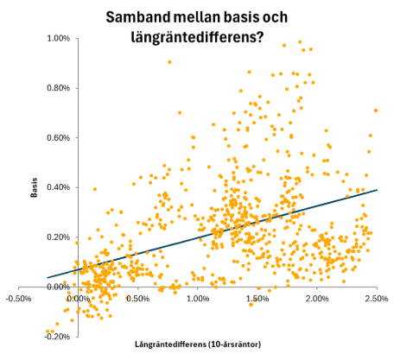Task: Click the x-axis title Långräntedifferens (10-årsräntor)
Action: click(x=197, y=345)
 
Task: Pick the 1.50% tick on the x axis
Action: click(x=257, y=299)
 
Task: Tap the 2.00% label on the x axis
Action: click(x=316, y=299)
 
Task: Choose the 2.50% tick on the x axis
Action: click(x=376, y=299)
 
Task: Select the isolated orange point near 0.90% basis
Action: click(x=169, y=61)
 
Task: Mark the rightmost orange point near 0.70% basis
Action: click(x=376, y=111)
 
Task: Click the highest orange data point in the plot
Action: click(x=300, y=42)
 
